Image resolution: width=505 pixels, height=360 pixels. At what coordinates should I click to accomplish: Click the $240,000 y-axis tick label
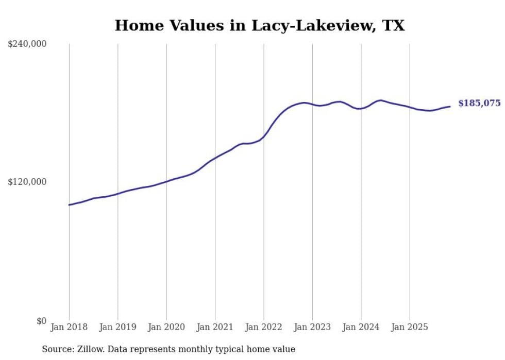coord(27,44)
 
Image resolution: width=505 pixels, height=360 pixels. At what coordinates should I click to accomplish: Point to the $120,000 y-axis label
coord(27,182)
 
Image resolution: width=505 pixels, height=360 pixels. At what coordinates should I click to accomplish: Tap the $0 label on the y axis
coord(41,321)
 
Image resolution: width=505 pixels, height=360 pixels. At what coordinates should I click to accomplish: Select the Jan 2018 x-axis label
coord(69,327)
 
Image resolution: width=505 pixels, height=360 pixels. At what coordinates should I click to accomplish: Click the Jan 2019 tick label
coord(118,327)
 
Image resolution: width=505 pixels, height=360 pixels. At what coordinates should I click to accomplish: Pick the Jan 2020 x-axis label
coord(166,327)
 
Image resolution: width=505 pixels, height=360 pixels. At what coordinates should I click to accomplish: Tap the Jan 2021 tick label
coord(215,327)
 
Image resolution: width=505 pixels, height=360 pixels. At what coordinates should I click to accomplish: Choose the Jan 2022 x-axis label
coord(264,327)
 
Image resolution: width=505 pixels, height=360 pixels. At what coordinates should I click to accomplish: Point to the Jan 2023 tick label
coord(313,327)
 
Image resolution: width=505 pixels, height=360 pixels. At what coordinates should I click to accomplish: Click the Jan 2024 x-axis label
coord(361,327)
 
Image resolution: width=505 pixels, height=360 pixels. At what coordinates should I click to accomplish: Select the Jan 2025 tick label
coord(410,327)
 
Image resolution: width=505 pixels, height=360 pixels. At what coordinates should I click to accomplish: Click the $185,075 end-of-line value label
coord(479,104)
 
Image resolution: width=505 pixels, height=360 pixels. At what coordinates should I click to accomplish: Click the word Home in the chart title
coord(135,26)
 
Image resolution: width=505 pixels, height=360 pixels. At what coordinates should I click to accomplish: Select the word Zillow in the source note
coord(90,350)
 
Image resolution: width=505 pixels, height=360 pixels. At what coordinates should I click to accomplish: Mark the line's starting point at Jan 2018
coord(69,205)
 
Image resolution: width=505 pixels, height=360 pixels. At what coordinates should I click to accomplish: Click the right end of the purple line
coord(450,107)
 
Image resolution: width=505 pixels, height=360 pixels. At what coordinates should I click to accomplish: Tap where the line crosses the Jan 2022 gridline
coord(264,136)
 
